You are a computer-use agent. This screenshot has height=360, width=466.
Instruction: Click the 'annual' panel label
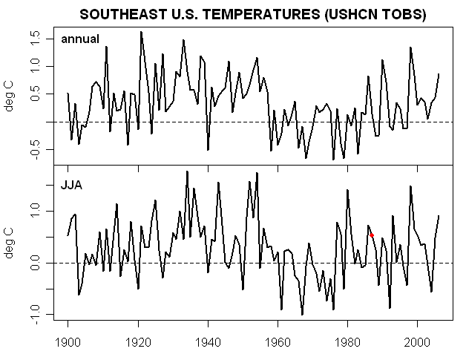click(x=80, y=39)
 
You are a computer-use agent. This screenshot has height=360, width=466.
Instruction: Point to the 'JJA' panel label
click(x=71, y=185)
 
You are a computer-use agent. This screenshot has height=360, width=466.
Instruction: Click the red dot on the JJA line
click(x=372, y=235)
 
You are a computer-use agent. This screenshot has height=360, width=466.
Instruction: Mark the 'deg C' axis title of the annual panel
click(x=11, y=95)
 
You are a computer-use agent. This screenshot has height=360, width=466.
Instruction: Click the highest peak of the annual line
click(x=141, y=32)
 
